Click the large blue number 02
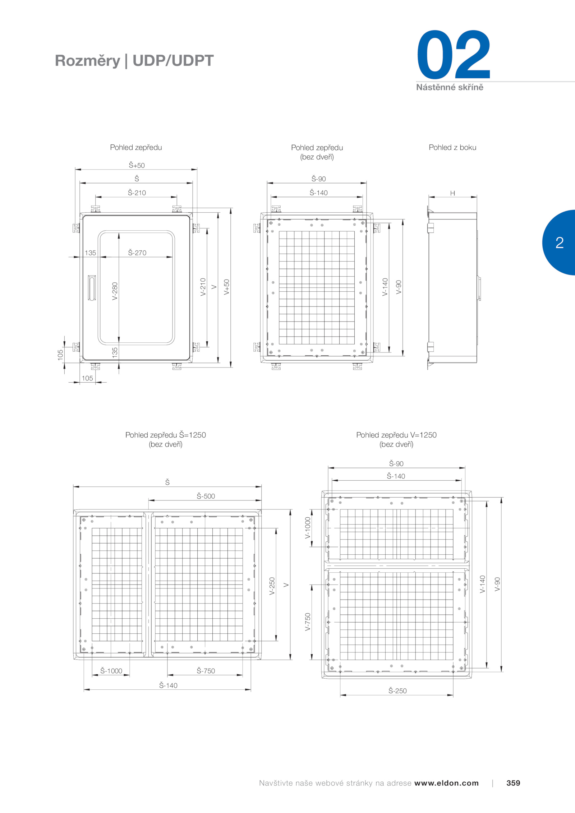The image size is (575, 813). point(454,55)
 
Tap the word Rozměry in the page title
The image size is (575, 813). point(87,61)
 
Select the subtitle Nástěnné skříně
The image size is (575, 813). point(450,87)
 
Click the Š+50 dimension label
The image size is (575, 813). point(137,165)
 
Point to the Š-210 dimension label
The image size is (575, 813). point(137,193)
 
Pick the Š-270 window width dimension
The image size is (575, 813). point(137,253)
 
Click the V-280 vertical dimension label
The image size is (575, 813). point(115,291)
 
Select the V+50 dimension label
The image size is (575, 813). point(226,287)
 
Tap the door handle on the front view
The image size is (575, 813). point(92,288)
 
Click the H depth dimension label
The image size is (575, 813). point(452,193)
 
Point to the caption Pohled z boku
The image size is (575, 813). point(452,147)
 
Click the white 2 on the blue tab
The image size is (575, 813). point(560,242)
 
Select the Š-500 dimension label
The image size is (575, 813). point(206,496)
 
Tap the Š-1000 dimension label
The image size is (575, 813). point(111,671)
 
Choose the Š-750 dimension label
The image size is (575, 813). point(206,671)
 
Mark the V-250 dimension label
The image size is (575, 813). point(272,586)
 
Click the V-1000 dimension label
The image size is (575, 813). point(308,528)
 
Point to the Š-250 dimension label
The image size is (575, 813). point(397,690)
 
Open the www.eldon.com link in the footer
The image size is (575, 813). point(446,783)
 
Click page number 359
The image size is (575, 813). point(513,783)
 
